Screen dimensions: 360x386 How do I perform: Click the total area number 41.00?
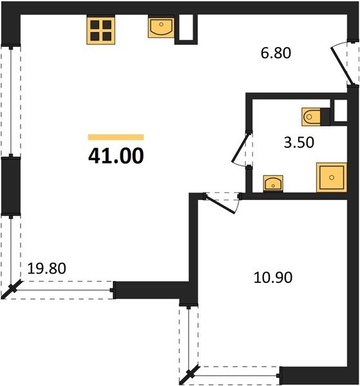click(116, 156)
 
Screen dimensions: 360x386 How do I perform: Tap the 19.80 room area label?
click(46, 268)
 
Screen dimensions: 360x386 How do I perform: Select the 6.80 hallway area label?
click(276, 53)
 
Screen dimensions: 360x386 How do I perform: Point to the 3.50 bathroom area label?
click(299, 143)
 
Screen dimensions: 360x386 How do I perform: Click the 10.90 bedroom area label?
click(273, 277)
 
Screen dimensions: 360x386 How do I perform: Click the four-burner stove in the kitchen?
click(100, 30)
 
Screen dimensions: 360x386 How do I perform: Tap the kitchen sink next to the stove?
click(161, 27)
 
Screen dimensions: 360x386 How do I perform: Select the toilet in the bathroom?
click(311, 116)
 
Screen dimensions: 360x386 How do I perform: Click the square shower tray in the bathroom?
click(332, 178)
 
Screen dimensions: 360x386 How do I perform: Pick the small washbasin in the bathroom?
click(273, 183)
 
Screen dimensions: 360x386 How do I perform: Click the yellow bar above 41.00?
click(116, 137)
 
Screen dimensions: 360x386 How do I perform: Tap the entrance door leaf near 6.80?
click(343, 66)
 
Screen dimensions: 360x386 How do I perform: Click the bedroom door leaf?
click(220, 204)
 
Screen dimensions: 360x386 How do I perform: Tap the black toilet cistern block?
click(325, 117)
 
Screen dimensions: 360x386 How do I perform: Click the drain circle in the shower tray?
click(332, 178)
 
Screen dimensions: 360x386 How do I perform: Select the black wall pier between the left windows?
click(11, 186)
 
